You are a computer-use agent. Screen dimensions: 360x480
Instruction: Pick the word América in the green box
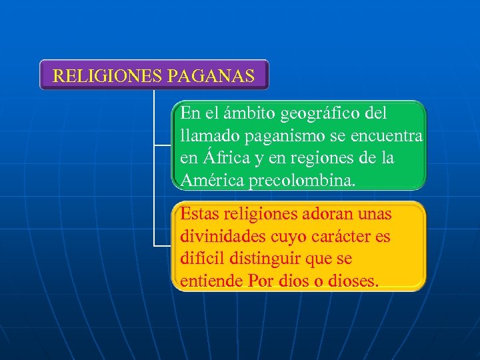pyautogui.click(x=212, y=180)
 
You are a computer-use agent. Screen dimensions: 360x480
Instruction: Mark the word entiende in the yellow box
pyautogui.click(x=211, y=281)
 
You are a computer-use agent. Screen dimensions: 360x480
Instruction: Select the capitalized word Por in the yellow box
pyautogui.click(x=261, y=281)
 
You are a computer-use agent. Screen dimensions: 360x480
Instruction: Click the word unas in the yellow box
pyautogui.click(x=375, y=215)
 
